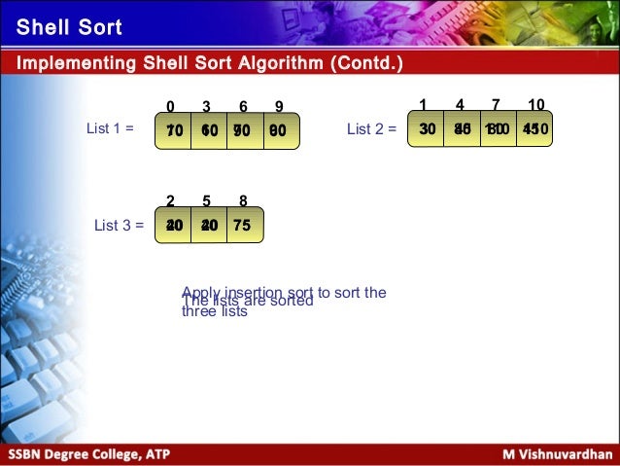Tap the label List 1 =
point(110,127)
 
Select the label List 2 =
point(372,127)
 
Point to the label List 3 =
point(119,225)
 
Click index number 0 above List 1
point(170,106)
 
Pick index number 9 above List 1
point(279,106)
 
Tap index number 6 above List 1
point(243,106)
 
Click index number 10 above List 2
point(535,104)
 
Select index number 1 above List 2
point(423,104)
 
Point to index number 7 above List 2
point(496,104)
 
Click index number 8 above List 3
point(242,202)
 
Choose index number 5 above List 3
point(206,202)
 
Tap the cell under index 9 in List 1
point(280,128)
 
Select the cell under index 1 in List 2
point(426,127)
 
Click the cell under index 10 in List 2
point(534,127)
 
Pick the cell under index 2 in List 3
point(173,225)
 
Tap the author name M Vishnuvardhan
point(557,454)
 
